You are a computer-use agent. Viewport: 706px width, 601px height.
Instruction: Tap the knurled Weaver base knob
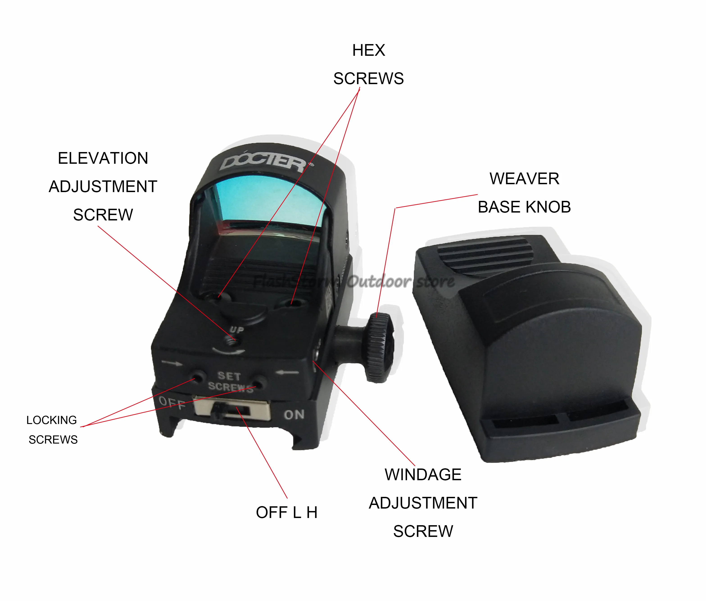coord(380,347)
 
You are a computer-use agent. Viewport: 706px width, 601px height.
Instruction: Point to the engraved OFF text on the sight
coord(172,404)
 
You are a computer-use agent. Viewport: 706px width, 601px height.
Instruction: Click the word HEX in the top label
coord(368,50)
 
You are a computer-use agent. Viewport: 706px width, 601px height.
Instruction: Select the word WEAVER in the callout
coord(524,179)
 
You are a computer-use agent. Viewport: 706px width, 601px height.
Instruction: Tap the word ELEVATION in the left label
coord(103,158)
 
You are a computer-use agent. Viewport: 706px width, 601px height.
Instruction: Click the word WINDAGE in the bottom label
coord(423,475)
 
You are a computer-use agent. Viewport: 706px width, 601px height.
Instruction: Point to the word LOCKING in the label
coord(52,420)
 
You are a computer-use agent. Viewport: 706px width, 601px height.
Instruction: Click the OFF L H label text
coord(287,512)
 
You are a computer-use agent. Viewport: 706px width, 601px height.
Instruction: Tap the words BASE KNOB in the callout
coord(524,207)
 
